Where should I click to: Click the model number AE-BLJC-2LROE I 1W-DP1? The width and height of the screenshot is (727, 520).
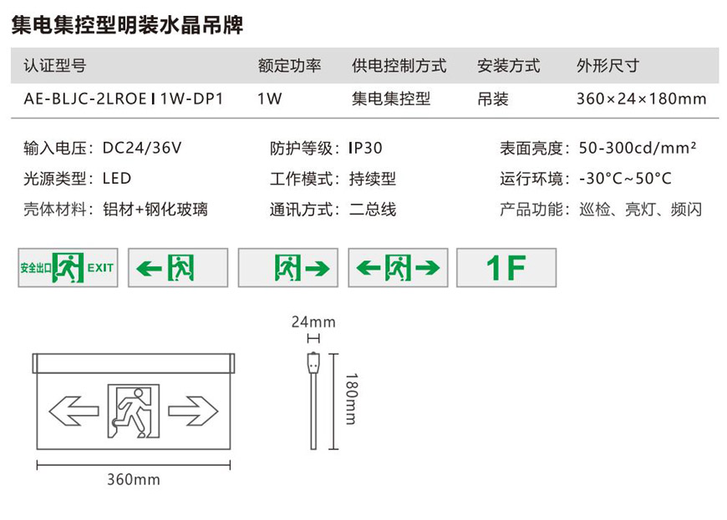pyautogui.click(x=124, y=99)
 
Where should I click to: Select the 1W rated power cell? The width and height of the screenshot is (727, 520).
pyautogui.click(x=270, y=99)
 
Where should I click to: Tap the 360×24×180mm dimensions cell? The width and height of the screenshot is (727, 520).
pyautogui.click(x=641, y=99)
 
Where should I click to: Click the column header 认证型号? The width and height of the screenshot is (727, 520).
pyautogui.click(x=54, y=66)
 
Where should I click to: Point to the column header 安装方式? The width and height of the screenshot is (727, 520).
pyautogui.click(x=508, y=66)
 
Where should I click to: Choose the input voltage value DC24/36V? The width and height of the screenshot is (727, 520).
pyautogui.click(x=142, y=149)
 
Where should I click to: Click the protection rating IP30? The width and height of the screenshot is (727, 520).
pyautogui.click(x=365, y=149)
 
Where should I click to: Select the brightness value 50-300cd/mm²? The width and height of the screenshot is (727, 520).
pyautogui.click(x=638, y=149)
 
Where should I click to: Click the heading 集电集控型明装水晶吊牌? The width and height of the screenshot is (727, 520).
pyautogui.click(x=128, y=26)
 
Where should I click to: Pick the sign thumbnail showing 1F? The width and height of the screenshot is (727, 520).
pyautogui.click(x=506, y=268)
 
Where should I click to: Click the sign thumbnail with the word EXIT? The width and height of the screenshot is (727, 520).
pyautogui.click(x=68, y=268)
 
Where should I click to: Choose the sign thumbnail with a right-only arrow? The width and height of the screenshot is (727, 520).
pyautogui.click(x=287, y=268)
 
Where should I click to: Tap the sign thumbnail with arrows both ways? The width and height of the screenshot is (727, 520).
pyautogui.click(x=398, y=268)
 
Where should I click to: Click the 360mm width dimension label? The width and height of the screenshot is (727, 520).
pyautogui.click(x=134, y=480)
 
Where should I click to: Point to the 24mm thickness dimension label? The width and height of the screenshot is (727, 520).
pyautogui.click(x=313, y=321)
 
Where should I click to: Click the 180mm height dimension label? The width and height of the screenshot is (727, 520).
pyautogui.click(x=350, y=399)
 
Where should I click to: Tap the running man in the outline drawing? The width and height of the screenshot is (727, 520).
pyautogui.click(x=131, y=410)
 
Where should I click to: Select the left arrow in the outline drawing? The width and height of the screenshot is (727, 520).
pyautogui.click(x=74, y=410)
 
